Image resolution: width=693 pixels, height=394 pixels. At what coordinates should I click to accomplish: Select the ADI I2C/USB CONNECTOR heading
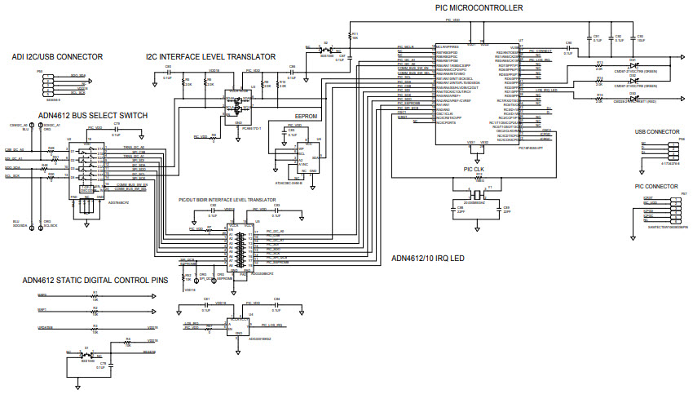pos(57,57)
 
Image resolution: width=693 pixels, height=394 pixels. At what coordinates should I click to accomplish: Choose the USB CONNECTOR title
pos(656,131)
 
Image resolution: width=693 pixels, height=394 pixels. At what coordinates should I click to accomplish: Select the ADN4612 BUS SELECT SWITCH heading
pos(93,116)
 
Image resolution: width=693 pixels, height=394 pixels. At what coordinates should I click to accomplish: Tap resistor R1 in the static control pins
pos(95,296)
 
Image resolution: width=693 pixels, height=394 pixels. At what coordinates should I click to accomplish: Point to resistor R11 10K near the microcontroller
pos(352,36)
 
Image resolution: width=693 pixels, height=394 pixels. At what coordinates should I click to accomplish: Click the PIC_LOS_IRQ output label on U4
pos(275,325)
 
